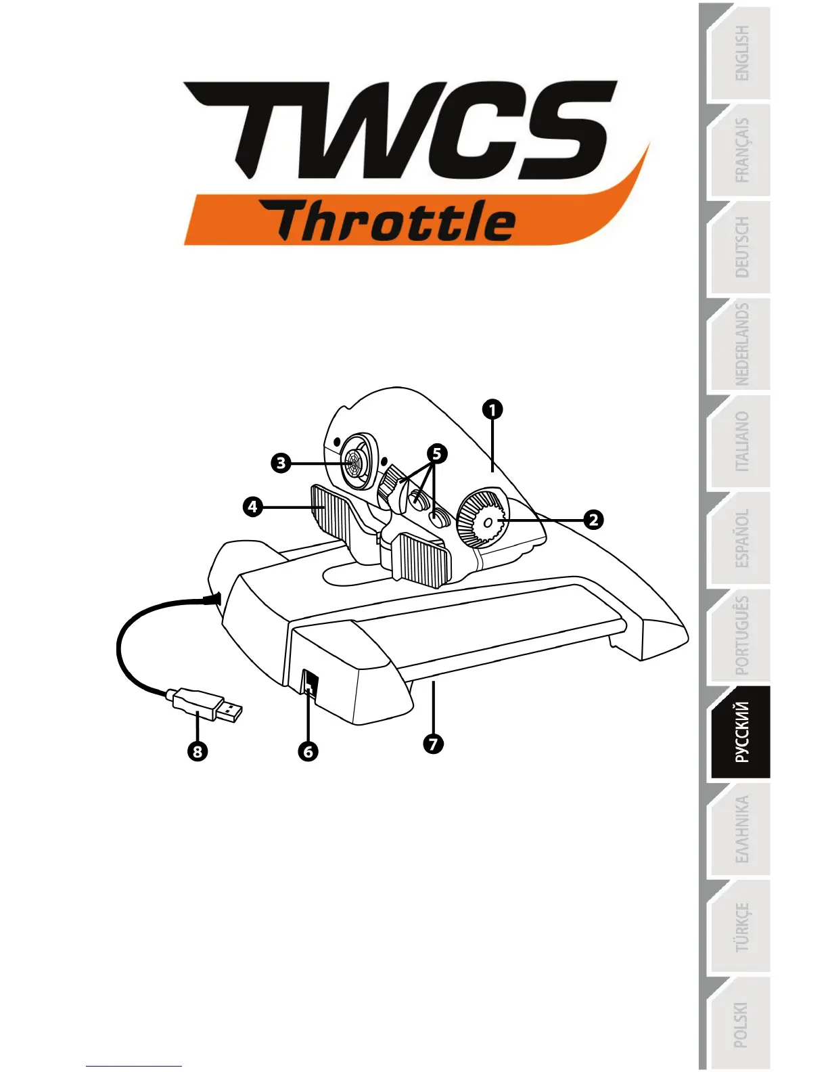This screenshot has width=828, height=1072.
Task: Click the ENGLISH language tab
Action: click(741, 54)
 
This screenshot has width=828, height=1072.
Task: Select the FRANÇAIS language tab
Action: click(741, 151)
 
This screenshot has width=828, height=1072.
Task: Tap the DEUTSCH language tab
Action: click(741, 248)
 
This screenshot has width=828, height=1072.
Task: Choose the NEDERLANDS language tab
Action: click(741, 344)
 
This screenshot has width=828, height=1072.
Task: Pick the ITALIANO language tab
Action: click(741, 441)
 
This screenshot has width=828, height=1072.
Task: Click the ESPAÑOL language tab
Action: click(741, 538)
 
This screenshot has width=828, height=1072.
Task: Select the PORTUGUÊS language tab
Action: click(741, 635)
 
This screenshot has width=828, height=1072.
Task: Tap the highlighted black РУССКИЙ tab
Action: click(741, 732)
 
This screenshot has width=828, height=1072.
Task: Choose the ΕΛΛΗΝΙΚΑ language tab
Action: click(741, 829)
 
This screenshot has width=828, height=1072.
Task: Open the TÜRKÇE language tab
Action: click(741, 926)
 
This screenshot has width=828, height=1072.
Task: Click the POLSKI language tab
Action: click(741, 1023)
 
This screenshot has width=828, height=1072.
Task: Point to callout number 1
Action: click(492, 409)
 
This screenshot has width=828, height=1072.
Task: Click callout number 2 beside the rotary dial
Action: click(593, 520)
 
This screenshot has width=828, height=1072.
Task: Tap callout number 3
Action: click(281, 464)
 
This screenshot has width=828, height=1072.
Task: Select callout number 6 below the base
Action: click(308, 751)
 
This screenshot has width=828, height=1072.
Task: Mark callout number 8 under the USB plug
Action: click(198, 751)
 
